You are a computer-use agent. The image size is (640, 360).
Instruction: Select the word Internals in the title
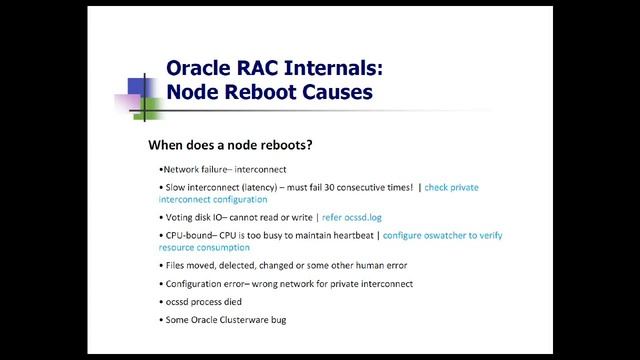coord(329,68)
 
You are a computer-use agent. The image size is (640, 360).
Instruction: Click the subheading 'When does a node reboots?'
coord(230,145)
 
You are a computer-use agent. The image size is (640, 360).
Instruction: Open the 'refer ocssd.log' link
coord(356,217)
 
